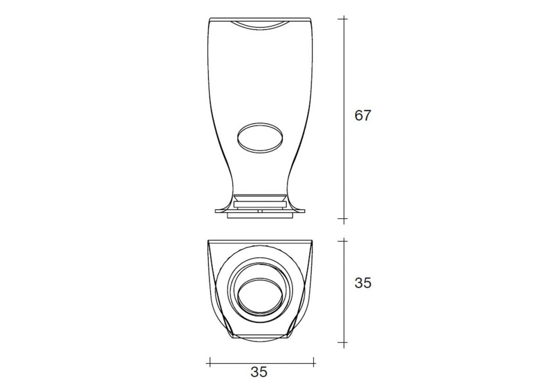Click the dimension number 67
click(363, 115)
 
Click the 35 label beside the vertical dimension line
click(363, 283)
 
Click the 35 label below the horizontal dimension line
click(259, 372)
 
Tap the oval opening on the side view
click(260, 138)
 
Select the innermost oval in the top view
click(260, 295)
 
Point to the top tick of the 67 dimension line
click(344, 19)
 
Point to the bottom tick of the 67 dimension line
click(344, 219)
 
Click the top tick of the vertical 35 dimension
click(344, 241)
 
